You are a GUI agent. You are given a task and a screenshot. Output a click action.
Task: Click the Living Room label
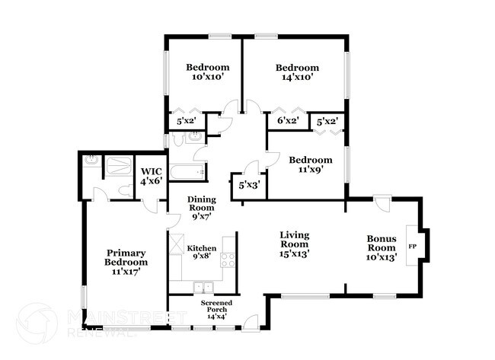[293, 244]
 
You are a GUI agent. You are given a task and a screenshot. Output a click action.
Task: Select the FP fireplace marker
[413, 247]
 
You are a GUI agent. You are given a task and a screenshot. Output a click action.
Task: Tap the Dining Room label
[202, 207]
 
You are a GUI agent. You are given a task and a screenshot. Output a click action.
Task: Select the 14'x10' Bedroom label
[295, 72]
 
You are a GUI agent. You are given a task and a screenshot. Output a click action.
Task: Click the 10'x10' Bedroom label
[208, 72]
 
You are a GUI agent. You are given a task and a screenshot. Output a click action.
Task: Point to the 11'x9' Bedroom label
[310, 165]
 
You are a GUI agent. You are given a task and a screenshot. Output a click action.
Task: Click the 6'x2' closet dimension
[286, 120]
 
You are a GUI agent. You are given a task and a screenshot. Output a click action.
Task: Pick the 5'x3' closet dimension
[248, 184]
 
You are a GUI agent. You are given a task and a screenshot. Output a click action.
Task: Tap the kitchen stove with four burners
[228, 260]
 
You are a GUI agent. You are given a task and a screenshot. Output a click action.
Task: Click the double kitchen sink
[203, 288]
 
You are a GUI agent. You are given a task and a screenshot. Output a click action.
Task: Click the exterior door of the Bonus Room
[382, 204]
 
